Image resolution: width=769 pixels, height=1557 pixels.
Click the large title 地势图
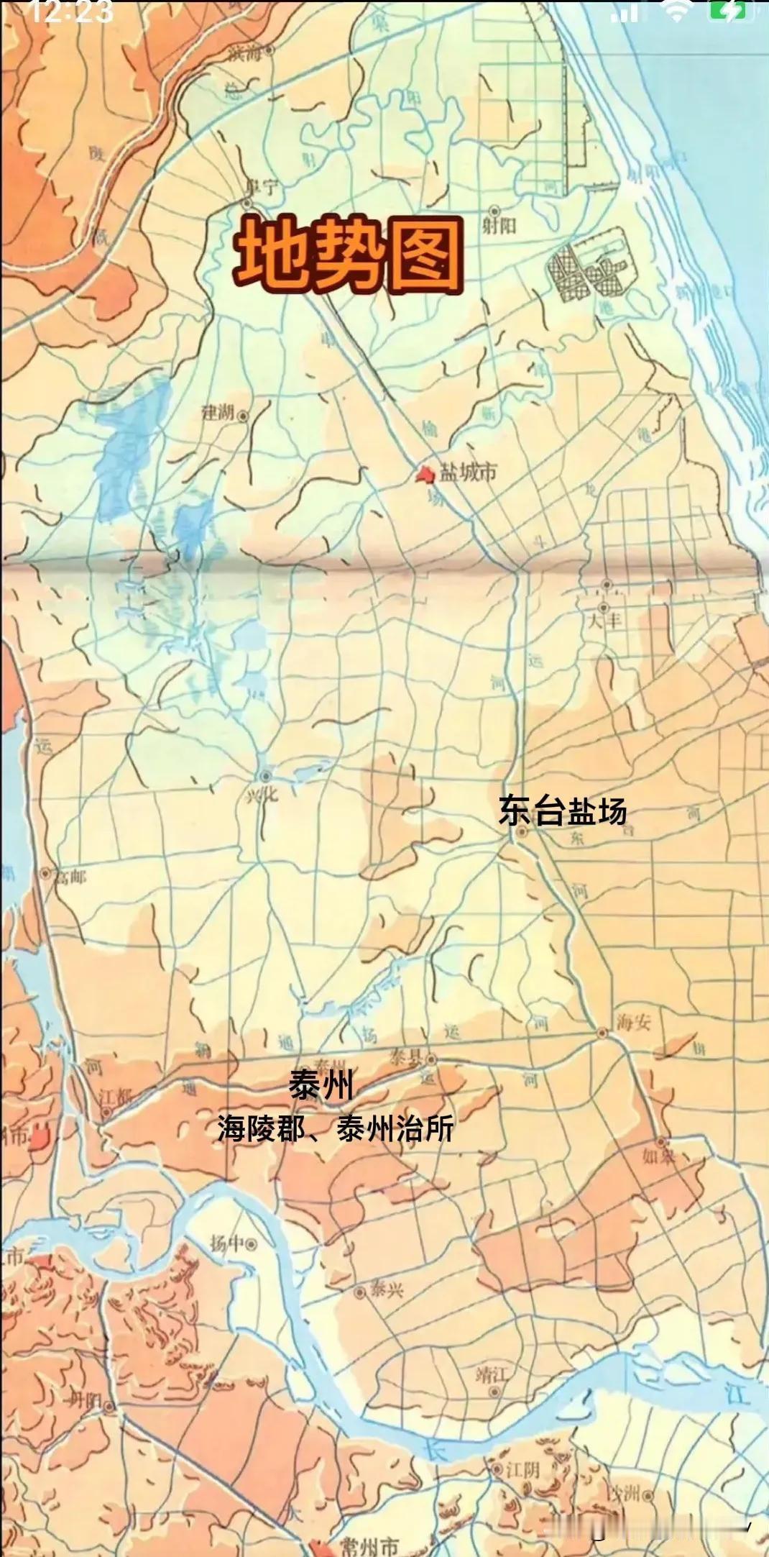(x=349, y=257)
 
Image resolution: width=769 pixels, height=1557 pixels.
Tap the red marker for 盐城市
(x=424, y=475)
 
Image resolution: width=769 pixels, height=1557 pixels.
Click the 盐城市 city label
(x=469, y=472)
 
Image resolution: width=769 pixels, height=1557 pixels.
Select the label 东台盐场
(x=563, y=811)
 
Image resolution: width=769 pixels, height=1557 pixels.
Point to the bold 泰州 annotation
(x=321, y=1085)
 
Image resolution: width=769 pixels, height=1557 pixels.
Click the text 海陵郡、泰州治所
(x=336, y=1128)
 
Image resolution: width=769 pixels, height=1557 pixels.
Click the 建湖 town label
(x=218, y=413)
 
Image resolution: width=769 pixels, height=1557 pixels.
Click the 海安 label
(x=632, y=1022)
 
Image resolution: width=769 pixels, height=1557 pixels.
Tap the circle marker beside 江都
(x=106, y=1112)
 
